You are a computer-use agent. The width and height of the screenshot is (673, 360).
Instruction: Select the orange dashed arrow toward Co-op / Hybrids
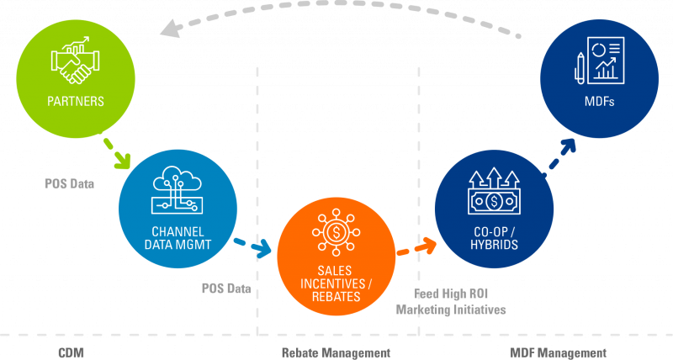click(417, 247)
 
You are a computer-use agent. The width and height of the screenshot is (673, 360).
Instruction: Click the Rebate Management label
click(336, 351)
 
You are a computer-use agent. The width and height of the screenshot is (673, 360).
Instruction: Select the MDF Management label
click(559, 351)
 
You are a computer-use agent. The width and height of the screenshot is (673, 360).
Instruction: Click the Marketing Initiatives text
click(452, 310)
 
